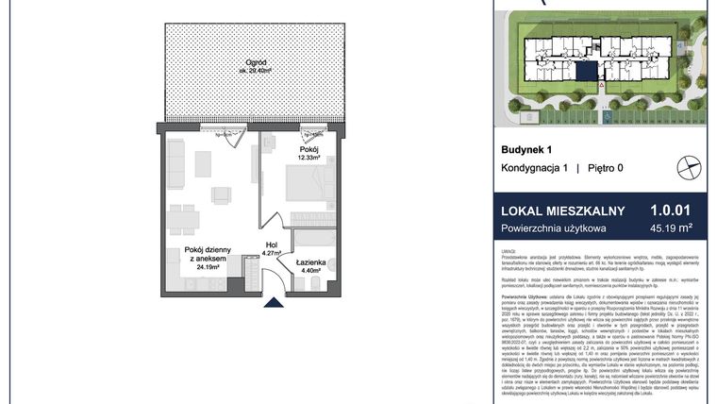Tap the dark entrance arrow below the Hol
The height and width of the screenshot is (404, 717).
click(x=273, y=303)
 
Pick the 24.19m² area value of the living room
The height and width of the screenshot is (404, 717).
click(x=208, y=266)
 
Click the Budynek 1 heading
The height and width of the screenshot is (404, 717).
click(x=525, y=149)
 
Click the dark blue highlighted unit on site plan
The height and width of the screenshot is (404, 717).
click(x=588, y=71)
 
